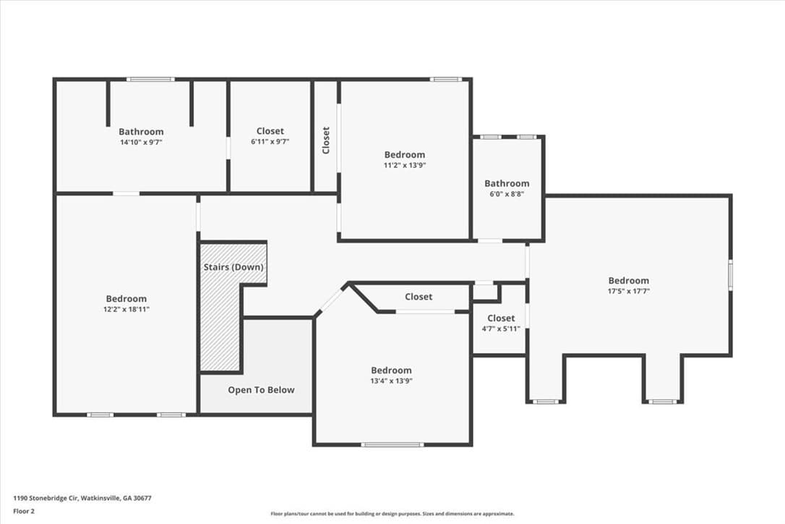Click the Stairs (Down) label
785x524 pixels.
(233, 267)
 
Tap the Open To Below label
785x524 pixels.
(261, 389)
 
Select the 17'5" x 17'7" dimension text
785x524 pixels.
(628, 291)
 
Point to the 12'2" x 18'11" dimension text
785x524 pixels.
(126, 309)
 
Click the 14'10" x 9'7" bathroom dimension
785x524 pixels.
(141, 142)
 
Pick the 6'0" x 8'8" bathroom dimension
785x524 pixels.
(507, 193)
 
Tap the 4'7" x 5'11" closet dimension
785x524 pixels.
(501, 329)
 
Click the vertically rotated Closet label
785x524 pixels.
(326, 140)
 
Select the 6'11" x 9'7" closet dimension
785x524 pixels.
(270, 141)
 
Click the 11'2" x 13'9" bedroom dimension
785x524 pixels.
(405, 165)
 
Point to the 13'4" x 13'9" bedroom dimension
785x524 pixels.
(392, 381)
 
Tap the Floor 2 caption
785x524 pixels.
(24, 511)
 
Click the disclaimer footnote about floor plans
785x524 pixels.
(392, 513)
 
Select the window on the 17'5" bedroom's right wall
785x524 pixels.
(731, 274)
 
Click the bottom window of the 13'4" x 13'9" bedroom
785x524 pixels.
(392, 444)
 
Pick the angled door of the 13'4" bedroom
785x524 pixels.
(330, 300)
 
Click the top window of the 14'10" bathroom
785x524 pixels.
(150, 79)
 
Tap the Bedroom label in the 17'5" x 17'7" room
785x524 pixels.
(628, 280)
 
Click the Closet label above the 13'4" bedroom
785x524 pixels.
(419, 296)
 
